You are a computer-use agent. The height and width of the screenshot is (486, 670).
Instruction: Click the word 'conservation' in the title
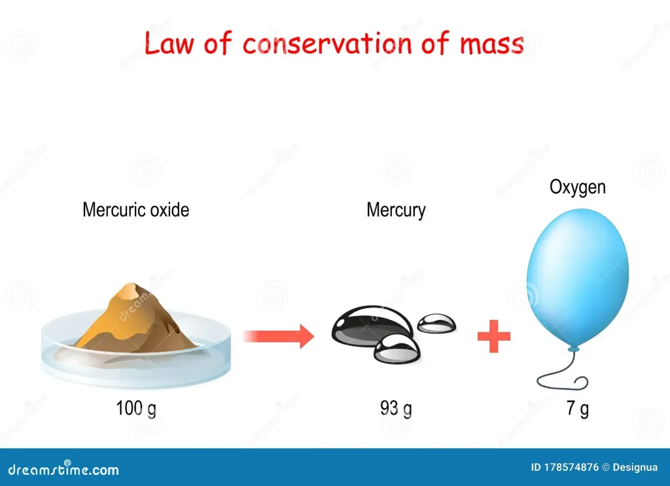pos(327,44)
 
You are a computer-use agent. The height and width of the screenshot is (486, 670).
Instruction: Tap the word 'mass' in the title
pos(492,44)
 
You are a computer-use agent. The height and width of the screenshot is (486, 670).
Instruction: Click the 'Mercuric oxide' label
pos(136,210)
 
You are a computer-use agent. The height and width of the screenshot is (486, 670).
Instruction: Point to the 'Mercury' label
pos(396,211)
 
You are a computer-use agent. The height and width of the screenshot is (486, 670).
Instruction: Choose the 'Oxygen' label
pos(578,188)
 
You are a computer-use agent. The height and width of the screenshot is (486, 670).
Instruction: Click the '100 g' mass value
pos(136,408)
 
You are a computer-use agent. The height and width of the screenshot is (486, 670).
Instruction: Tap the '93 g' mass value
pos(396,408)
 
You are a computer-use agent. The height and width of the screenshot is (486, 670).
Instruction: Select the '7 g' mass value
pos(578,408)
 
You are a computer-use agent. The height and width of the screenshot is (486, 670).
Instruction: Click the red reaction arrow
pos(279,336)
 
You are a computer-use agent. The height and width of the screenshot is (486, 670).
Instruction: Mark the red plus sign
pos(494,336)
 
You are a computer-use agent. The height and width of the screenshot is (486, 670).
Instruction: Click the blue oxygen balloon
pos(578,277)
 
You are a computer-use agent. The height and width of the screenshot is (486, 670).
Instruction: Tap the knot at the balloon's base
pos(573,349)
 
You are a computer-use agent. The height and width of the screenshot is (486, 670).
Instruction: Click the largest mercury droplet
pos(371,324)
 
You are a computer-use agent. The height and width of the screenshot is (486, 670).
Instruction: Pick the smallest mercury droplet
pos(436,324)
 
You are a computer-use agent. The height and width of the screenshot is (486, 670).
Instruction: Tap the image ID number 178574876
pos(571,467)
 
